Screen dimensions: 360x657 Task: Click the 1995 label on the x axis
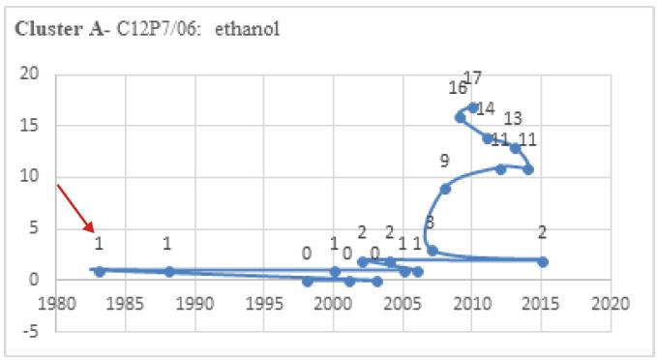(265, 303)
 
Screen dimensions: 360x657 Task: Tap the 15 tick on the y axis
(34, 125)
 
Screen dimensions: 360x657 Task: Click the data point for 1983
(100, 271)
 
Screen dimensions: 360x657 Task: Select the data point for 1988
(169, 271)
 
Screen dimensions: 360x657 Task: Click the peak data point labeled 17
(472, 107)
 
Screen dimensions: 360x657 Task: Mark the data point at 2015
(542, 261)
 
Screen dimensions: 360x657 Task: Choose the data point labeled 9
(445, 189)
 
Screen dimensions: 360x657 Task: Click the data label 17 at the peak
(473, 78)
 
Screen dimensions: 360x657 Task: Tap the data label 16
(458, 88)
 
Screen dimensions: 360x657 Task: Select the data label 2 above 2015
(543, 232)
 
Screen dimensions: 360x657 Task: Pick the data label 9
(444, 161)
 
